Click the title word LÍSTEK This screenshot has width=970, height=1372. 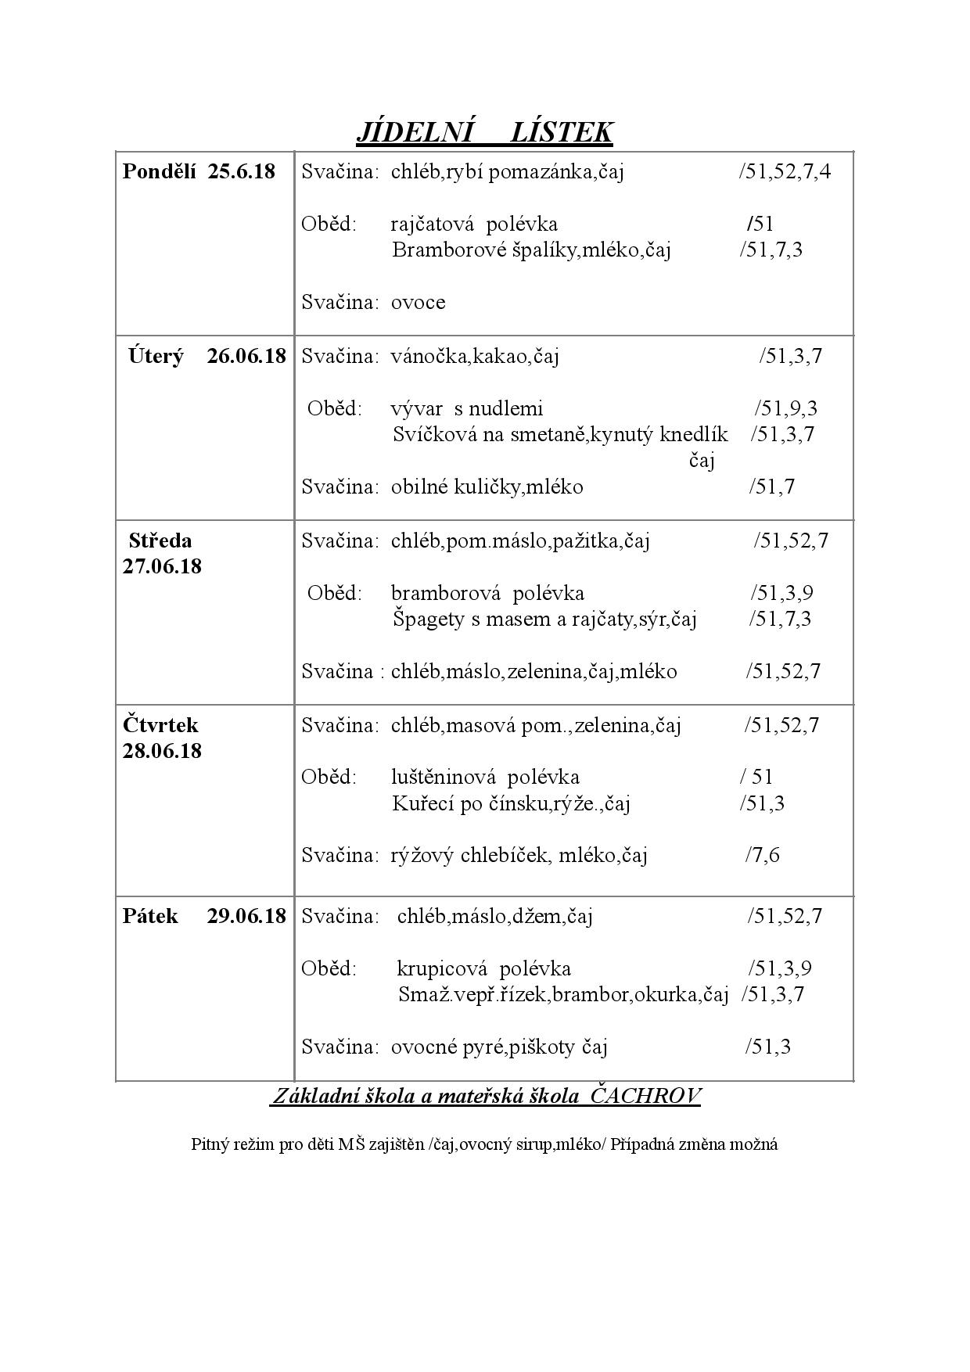pyautogui.click(x=561, y=132)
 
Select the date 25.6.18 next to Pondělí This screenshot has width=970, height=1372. pyautogui.click(x=242, y=171)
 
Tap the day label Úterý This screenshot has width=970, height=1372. pyautogui.click(x=156, y=356)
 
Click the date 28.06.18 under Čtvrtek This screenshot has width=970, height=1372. pyautogui.click(x=162, y=751)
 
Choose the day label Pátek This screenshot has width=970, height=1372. pyautogui.click(x=150, y=916)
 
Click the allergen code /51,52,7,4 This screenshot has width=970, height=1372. pyautogui.click(x=784, y=171)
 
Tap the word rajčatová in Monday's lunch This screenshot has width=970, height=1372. pyautogui.click(x=433, y=224)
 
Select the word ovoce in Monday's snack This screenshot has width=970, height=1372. pyautogui.click(x=418, y=303)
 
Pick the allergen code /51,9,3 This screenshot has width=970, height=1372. pyautogui.click(x=785, y=408)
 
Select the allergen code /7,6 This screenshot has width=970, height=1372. pyautogui.click(x=762, y=855)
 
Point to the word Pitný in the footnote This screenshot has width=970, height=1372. pyautogui.click(x=207, y=1144)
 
